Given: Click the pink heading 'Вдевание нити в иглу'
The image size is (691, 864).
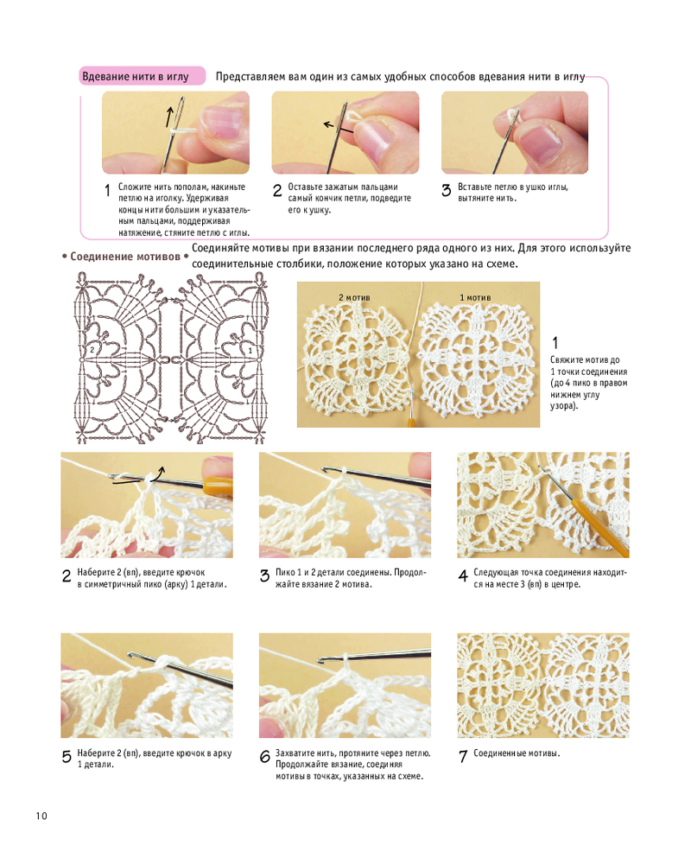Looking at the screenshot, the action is pos(136,77).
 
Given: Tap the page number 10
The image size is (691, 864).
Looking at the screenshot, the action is pos(41,816).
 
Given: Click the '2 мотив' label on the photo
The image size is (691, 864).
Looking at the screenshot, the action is pos(354,297).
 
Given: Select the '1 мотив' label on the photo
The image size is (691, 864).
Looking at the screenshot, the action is pos(475,297).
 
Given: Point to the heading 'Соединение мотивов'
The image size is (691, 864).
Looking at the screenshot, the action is pos(125,257).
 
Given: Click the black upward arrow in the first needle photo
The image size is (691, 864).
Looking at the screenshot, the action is pos(170,116).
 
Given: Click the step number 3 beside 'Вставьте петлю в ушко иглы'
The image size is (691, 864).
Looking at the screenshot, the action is pos(447,191).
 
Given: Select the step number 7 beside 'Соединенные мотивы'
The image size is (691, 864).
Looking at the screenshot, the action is pos(463,757).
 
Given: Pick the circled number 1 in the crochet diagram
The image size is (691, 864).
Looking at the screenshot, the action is pos(250,351).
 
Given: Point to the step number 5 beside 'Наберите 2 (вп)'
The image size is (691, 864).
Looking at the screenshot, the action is pos(67,757).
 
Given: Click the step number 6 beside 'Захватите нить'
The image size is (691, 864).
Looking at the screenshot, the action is pos(264,757).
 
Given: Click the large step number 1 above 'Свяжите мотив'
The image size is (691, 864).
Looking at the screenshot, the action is pos(555,343).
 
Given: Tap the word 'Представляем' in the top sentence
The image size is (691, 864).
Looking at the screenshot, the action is pos(250,77).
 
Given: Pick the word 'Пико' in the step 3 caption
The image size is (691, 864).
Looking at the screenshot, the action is pos(285,573).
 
